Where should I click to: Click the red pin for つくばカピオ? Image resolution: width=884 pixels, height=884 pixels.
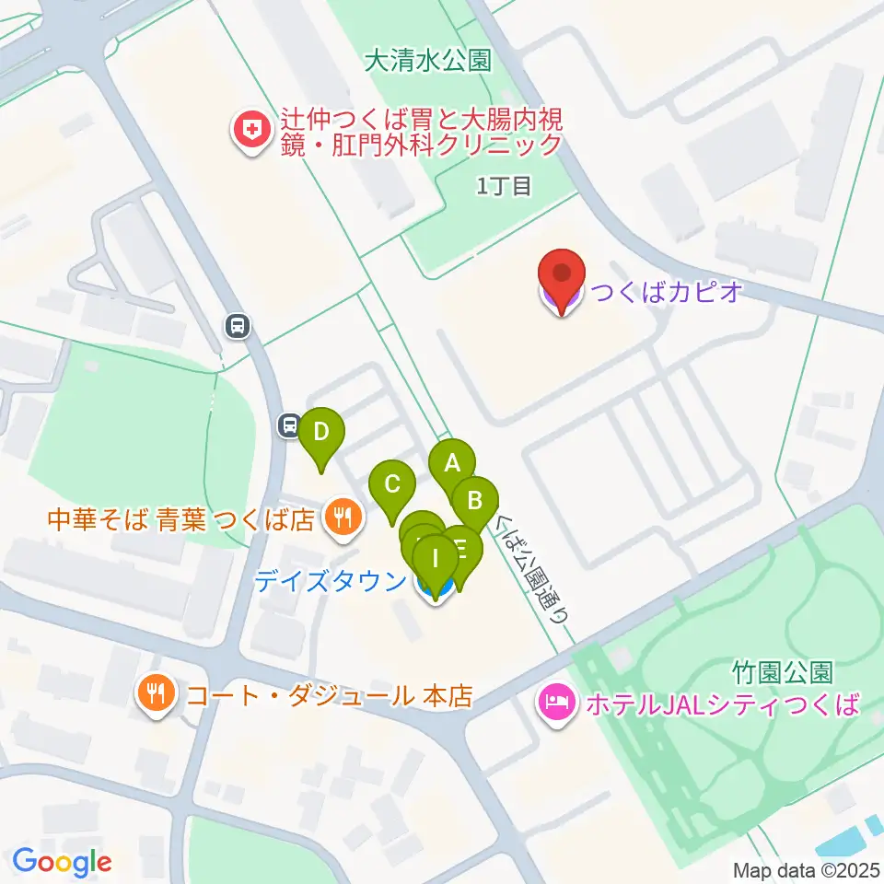[x=563, y=277]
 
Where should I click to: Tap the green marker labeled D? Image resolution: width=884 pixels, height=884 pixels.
[x=320, y=432]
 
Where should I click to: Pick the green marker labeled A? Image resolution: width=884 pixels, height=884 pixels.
[x=451, y=463]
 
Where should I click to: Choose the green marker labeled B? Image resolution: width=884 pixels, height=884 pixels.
[x=475, y=501]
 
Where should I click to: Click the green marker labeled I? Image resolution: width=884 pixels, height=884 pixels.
[x=436, y=556]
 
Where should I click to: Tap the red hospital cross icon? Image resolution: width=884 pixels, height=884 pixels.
[x=249, y=133]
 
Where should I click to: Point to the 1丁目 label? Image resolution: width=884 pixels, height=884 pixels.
[x=504, y=186]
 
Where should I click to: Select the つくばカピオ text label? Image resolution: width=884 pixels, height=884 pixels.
[x=665, y=294]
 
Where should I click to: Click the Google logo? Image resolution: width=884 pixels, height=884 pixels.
[x=62, y=862]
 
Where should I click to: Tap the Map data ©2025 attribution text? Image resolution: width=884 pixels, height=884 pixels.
[x=805, y=869]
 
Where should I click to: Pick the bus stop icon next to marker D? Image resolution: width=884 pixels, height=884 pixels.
[x=289, y=425]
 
